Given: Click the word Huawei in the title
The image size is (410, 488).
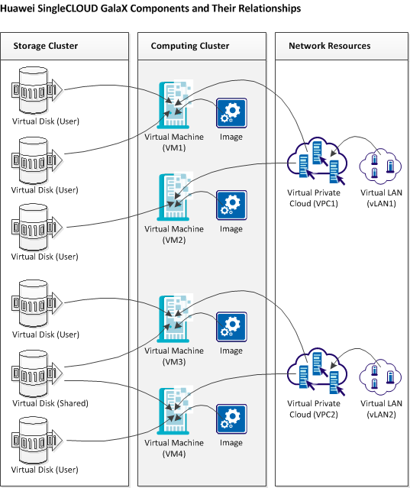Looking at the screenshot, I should pyautogui.click(x=21, y=8).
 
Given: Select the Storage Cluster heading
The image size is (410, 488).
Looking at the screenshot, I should pyautogui.click(x=46, y=47).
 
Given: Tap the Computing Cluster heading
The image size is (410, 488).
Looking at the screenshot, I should pyautogui.click(x=189, y=47).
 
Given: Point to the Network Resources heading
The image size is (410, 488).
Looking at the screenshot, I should pyautogui.click(x=329, y=47).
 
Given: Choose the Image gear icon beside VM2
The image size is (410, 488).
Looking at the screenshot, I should pyautogui.click(x=231, y=205).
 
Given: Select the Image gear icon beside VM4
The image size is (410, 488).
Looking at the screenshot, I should pyautogui.click(x=231, y=419).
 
